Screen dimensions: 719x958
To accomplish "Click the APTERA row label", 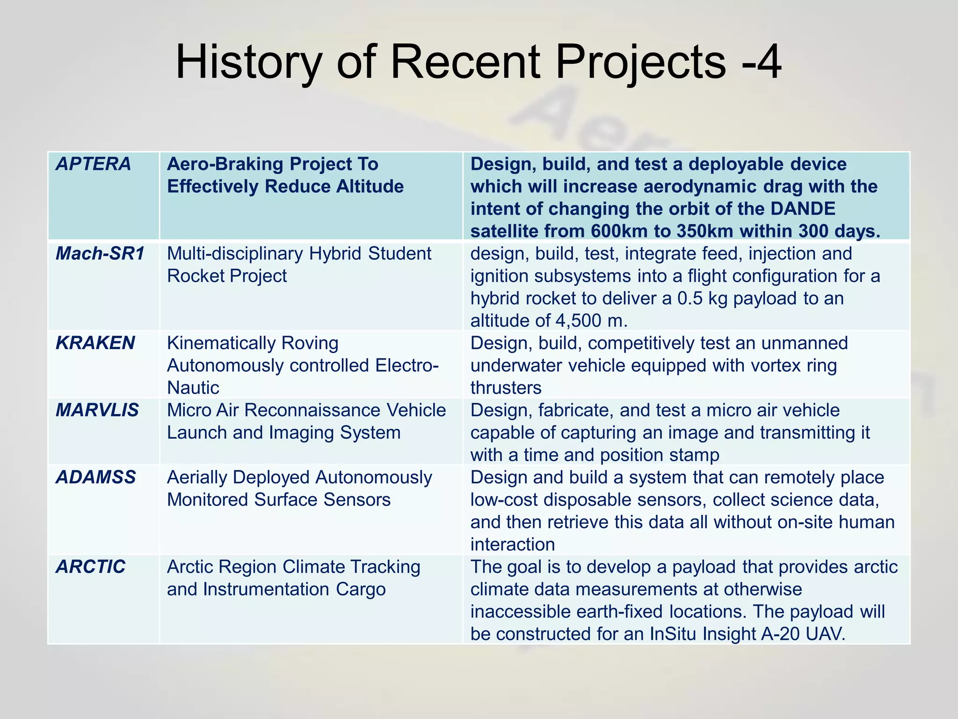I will pyautogui.click(x=93, y=164).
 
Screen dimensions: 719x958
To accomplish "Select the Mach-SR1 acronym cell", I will pyautogui.click(x=100, y=254).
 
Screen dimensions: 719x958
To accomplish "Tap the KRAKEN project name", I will pyautogui.click(x=95, y=343).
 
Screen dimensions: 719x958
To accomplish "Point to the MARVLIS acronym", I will pyautogui.click(x=97, y=411).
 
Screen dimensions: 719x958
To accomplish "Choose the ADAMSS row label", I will pyautogui.click(x=96, y=477).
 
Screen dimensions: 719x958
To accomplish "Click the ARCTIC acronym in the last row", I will pyautogui.click(x=91, y=567).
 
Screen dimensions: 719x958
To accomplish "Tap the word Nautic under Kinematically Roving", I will pyautogui.click(x=193, y=388).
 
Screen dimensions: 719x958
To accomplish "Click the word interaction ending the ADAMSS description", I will pyautogui.click(x=512, y=544).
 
